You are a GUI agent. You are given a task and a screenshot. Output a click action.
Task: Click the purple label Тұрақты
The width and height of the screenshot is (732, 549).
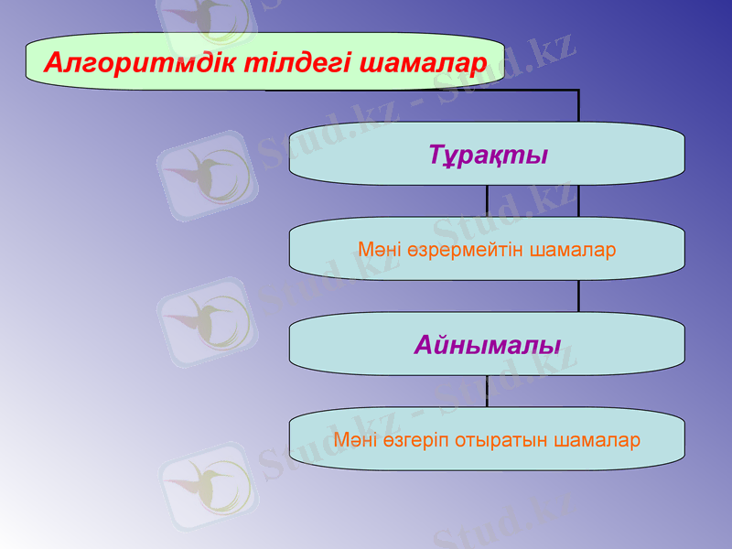coord(488,155)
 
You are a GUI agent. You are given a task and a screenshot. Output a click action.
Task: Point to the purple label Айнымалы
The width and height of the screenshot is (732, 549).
coord(487,345)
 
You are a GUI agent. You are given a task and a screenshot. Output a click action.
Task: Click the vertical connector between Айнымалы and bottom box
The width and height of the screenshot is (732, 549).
coord(487,392)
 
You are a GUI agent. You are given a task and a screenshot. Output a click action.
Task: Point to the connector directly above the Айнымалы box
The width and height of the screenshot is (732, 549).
coord(578,296)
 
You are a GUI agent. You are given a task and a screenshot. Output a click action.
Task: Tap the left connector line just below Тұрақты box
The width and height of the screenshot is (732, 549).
coord(487,201)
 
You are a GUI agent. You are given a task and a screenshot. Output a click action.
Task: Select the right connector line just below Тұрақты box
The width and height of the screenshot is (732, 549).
coord(578,201)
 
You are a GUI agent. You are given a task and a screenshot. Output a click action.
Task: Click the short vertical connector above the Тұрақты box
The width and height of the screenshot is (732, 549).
coord(578,106)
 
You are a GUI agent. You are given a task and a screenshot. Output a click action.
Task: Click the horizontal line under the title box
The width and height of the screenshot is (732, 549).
coord(421,90)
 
